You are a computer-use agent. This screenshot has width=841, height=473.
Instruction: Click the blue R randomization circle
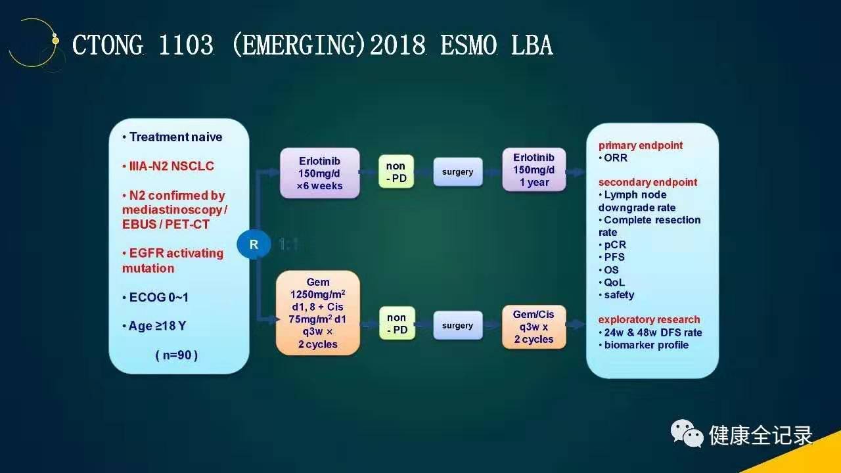(254, 244)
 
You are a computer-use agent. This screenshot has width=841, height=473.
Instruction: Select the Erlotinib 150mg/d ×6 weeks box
(319, 173)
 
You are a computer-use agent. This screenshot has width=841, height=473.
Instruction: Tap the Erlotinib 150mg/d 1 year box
(534, 169)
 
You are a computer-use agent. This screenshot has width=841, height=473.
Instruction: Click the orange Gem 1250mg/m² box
(317, 313)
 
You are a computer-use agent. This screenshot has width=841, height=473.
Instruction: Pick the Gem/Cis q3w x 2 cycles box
(534, 327)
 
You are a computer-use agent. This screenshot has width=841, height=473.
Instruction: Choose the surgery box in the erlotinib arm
(458, 172)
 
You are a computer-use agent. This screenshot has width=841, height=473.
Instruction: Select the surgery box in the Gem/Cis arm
(458, 325)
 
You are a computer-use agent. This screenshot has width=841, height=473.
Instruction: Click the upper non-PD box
(396, 171)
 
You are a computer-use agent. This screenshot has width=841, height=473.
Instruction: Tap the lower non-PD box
(397, 323)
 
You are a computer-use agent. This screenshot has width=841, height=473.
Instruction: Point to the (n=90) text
(177, 355)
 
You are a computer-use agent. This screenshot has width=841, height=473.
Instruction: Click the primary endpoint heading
(641, 145)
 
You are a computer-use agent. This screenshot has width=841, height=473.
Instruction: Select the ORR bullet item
(613, 158)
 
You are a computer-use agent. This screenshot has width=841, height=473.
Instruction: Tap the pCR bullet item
(612, 245)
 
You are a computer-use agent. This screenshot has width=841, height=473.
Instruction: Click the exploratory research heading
(649, 319)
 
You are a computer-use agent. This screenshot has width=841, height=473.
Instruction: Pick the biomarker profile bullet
(643, 345)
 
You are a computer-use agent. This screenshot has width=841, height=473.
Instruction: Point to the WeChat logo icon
(687, 434)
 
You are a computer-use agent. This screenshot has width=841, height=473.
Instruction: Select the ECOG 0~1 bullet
(156, 298)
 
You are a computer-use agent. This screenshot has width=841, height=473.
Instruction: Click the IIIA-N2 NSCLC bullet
(168, 166)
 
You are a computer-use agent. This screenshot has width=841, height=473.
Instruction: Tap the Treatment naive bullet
(172, 137)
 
